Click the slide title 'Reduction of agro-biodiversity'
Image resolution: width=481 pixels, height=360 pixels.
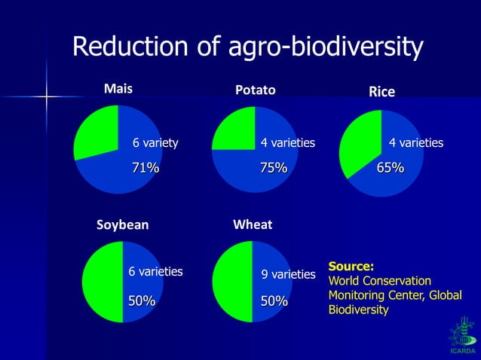tap(247, 48)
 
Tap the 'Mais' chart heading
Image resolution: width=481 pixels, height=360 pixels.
tap(118, 88)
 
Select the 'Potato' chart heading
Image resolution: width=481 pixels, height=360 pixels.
tap(255, 90)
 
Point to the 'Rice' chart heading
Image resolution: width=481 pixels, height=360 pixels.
tap(381, 92)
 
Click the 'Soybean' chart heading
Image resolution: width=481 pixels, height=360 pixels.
tap(122, 224)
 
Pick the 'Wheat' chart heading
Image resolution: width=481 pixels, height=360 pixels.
tap(253, 224)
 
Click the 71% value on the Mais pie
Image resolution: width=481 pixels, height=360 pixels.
tap(146, 168)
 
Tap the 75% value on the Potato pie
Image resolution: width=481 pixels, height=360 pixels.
tap(274, 168)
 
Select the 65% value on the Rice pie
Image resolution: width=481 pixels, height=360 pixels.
tap(391, 168)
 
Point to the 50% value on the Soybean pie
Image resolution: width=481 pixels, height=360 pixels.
tap(141, 301)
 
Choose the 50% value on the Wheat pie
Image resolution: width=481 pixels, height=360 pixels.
tap(274, 301)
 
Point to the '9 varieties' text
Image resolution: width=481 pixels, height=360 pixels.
tap(288, 275)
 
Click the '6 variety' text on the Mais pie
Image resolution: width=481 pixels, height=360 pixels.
tap(155, 142)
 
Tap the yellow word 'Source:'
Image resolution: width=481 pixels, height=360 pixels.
tap(351, 267)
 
